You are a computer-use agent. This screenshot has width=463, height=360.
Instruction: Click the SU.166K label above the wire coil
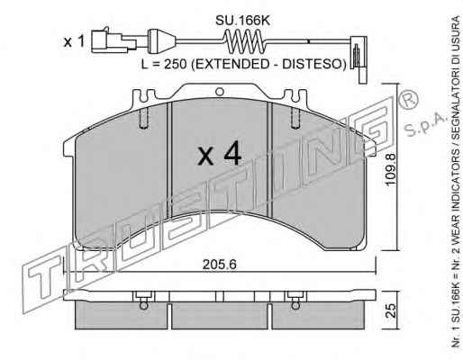pyautogui.click(x=243, y=21)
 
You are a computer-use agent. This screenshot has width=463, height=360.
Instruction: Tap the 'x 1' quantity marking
pyautogui.click(x=74, y=42)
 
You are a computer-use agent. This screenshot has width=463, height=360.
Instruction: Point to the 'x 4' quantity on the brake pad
pyautogui.click(x=220, y=154)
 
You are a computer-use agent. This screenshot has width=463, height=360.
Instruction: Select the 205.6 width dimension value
pyautogui.click(x=220, y=265)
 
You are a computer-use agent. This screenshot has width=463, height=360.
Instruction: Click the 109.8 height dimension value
pyautogui.click(x=391, y=169)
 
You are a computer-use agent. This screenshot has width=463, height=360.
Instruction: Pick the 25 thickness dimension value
pyautogui.click(x=391, y=310)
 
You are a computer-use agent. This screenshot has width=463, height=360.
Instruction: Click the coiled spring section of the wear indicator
pyautogui.click(x=244, y=41)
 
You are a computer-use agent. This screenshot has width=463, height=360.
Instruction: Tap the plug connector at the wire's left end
pyautogui.click(x=113, y=41)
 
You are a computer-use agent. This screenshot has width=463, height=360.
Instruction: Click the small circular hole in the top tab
pyautogui.click(x=220, y=91)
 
